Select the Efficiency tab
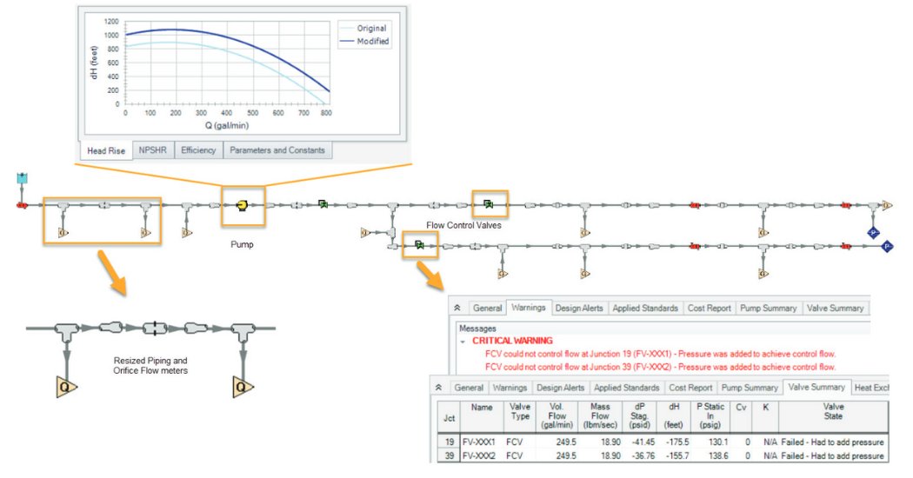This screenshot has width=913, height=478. (x=198, y=150)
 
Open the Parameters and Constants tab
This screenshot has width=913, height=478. (x=277, y=150)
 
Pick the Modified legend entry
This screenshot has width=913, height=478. (x=373, y=42)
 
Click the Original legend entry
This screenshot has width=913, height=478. (x=371, y=29)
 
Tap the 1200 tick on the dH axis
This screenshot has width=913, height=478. (x=111, y=20)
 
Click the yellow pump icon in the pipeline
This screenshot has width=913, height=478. (x=242, y=206)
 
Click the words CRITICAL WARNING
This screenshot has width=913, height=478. (x=512, y=341)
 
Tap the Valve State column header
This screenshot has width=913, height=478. (x=832, y=411)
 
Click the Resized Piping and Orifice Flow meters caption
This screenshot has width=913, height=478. (x=150, y=365)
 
